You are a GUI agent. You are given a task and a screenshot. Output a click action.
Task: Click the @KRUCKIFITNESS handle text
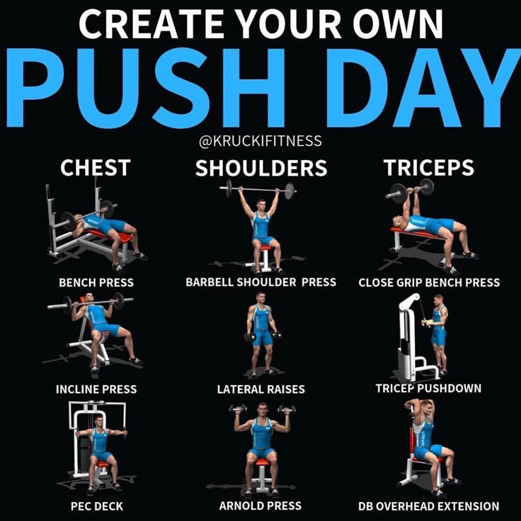(x=260, y=141)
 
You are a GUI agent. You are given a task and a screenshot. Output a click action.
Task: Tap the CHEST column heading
(x=96, y=168)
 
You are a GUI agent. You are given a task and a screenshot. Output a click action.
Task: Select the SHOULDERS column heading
(x=261, y=168)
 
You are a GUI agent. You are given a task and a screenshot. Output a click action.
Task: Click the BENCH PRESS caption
(x=96, y=282)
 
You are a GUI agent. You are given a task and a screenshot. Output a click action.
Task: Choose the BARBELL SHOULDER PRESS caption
(x=260, y=282)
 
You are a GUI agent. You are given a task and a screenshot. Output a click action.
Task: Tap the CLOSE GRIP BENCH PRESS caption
(x=429, y=282)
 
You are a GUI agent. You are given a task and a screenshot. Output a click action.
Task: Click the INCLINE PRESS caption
(x=96, y=389)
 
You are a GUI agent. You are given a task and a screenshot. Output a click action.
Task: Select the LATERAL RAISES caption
(x=260, y=389)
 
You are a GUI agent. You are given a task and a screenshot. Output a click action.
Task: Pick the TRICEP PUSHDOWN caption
(x=428, y=388)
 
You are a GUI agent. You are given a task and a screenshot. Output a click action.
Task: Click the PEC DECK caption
(x=97, y=506)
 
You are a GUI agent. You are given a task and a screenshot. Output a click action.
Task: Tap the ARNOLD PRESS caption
(x=260, y=505)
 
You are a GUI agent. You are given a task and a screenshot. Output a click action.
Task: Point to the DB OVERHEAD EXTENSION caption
(x=429, y=506)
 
